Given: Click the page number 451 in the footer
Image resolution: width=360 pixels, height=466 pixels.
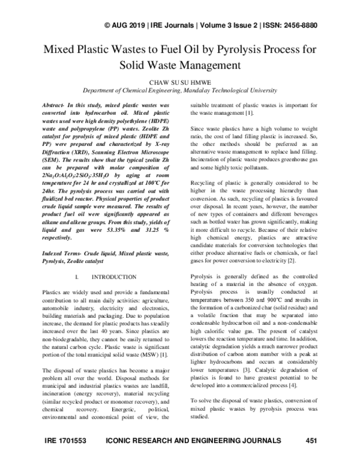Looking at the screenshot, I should point(311,441).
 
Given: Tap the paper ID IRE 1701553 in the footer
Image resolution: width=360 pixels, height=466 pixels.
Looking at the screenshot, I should point(66,441).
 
